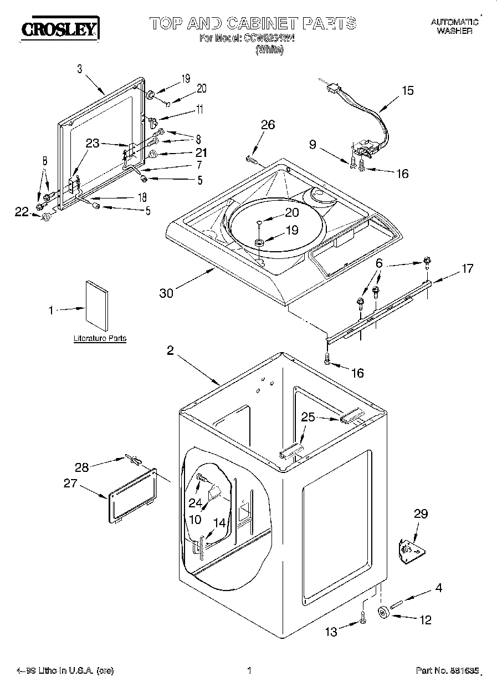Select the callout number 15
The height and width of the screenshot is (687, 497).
pyautogui.click(x=407, y=90)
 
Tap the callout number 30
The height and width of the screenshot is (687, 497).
pyautogui.click(x=166, y=293)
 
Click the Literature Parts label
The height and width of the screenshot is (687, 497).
pyautogui.click(x=100, y=338)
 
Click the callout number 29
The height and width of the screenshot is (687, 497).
pyautogui.click(x=421, y=514)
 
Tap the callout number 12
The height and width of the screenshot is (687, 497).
pyautogui.click(x=426, y=620)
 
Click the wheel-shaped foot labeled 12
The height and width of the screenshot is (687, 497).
pyautogui.click(x=382, y=613)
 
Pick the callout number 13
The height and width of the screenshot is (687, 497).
pyautogui.click(x=331, y=632)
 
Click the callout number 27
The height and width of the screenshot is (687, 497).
pyautogui.click(x=70, y=483)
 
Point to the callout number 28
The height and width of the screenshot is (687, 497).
pyautogui.click(x=81, y=467)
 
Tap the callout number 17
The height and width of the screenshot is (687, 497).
pyautogui.click(x=468, y=268)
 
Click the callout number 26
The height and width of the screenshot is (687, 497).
pyautogui.click(x=268, y=125)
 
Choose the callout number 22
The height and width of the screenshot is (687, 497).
pyautogui.click(x=21, y=211)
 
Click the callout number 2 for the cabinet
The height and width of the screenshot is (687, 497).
pyautogui.click(x=171, y=350)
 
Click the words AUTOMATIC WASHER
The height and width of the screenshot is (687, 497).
pyautogui.click(x=454, y=27)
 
